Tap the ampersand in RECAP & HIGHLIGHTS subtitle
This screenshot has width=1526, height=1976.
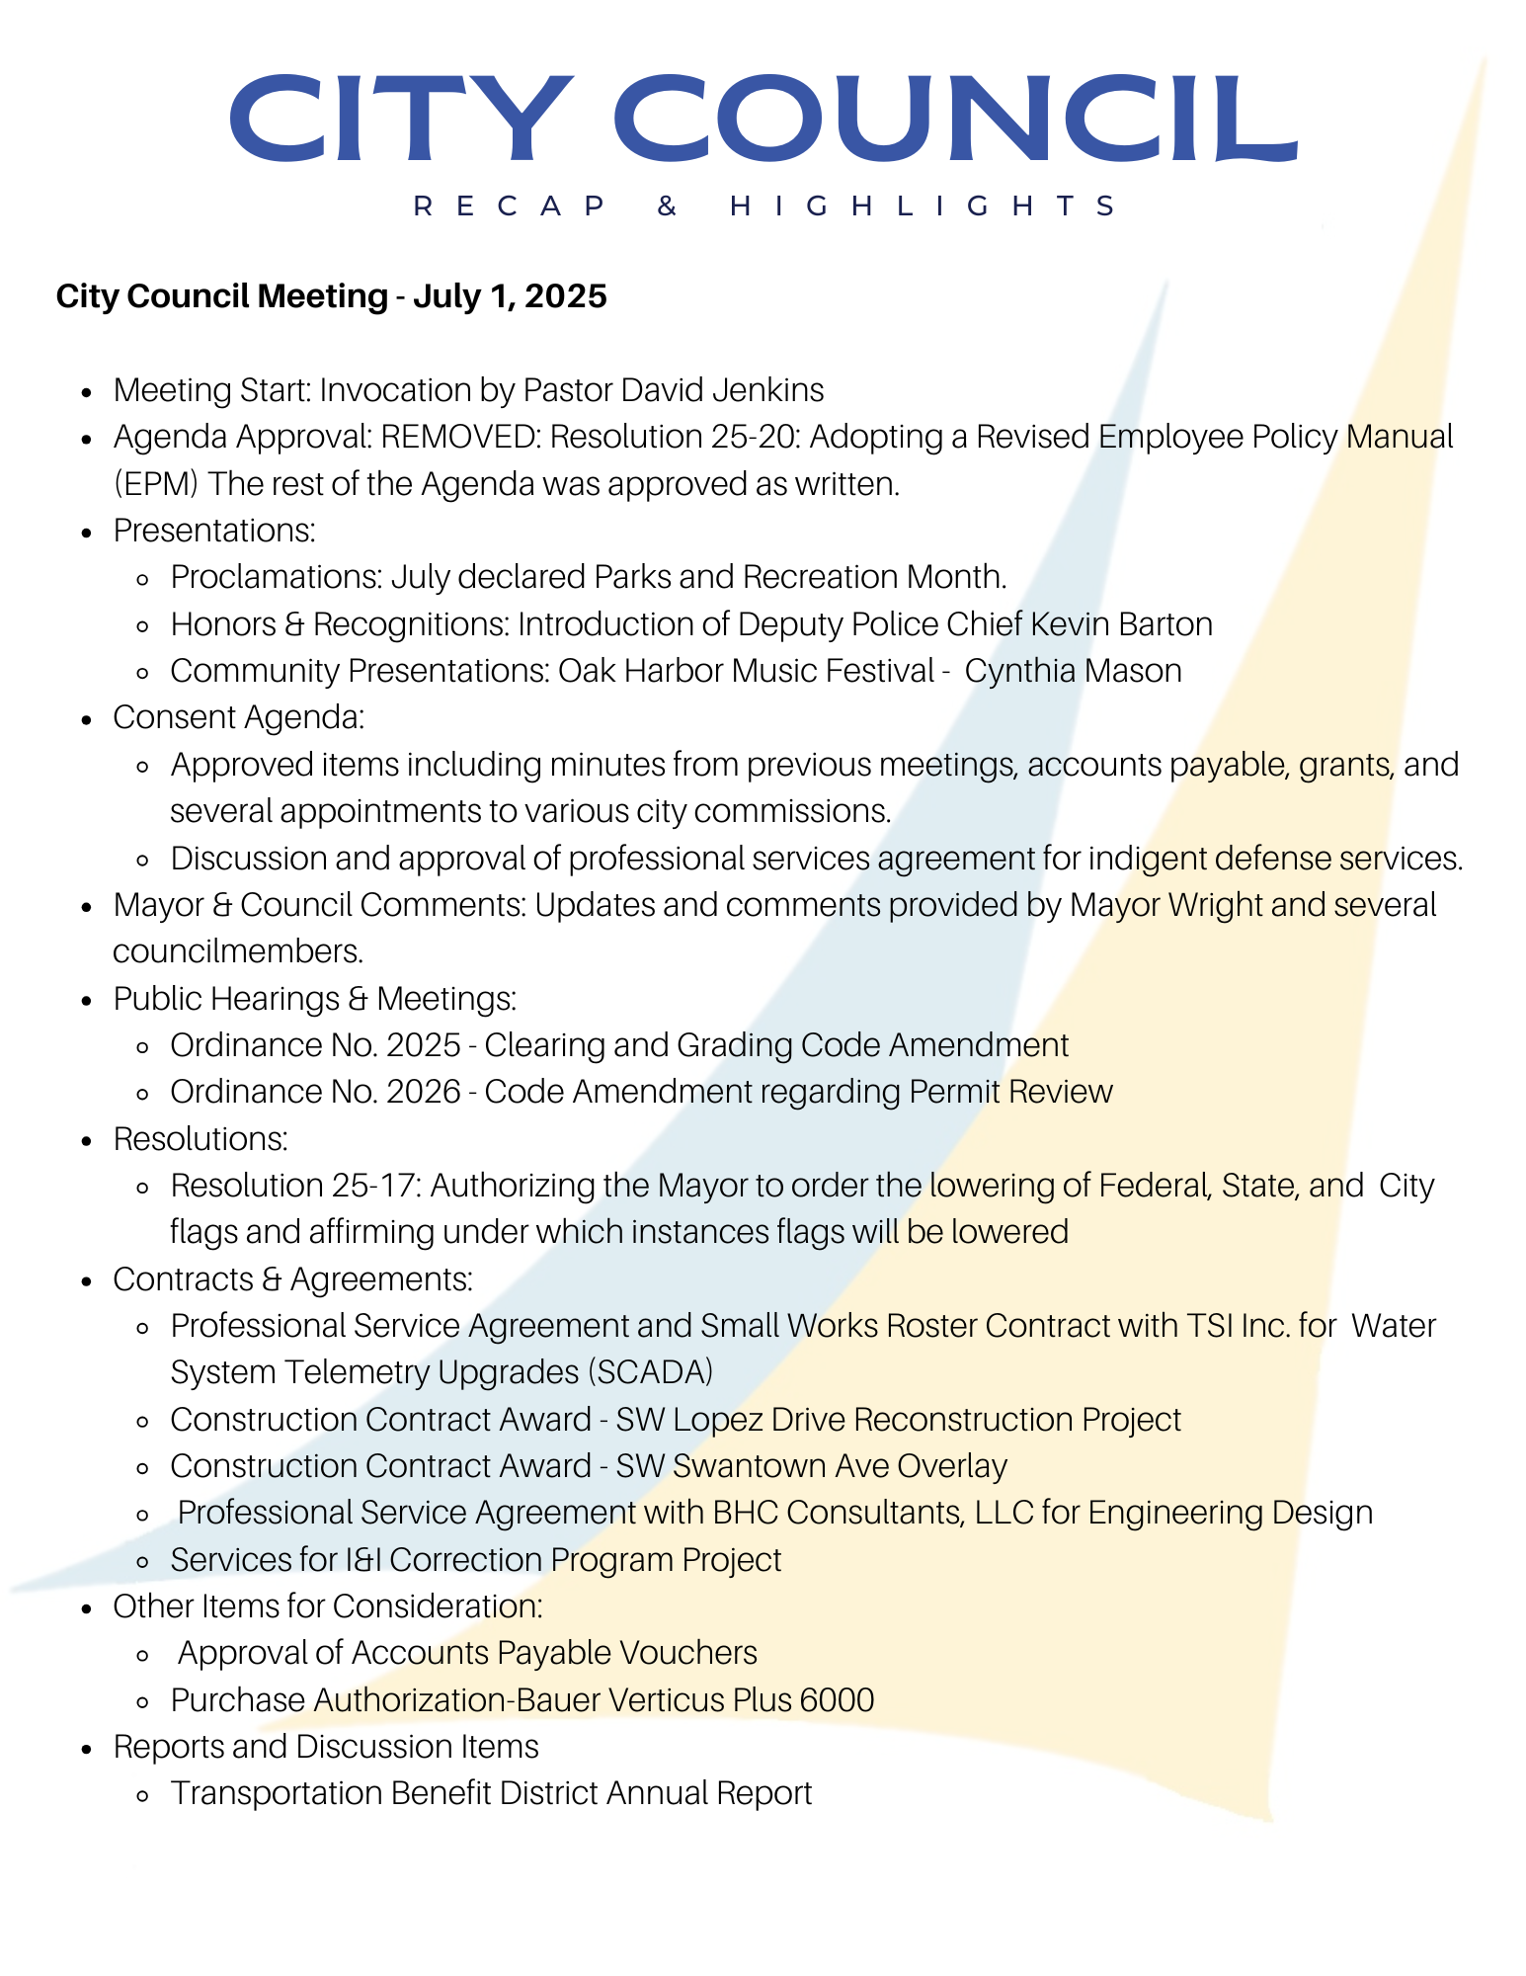point(668,206)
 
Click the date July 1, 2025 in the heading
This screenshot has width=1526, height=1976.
point(510,295)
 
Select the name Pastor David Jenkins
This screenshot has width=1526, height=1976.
point(673,390)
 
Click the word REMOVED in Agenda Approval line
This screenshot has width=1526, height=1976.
point(459,437)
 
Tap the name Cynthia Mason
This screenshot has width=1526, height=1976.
point(1073,671)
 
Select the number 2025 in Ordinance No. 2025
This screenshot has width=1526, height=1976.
point(424,1045)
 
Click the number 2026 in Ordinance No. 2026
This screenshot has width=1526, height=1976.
point(424,1092)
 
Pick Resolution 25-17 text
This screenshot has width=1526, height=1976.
point(295,1186)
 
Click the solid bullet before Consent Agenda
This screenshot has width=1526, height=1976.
point(89,719)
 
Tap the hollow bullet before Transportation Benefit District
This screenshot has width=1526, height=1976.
point(143,1795)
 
